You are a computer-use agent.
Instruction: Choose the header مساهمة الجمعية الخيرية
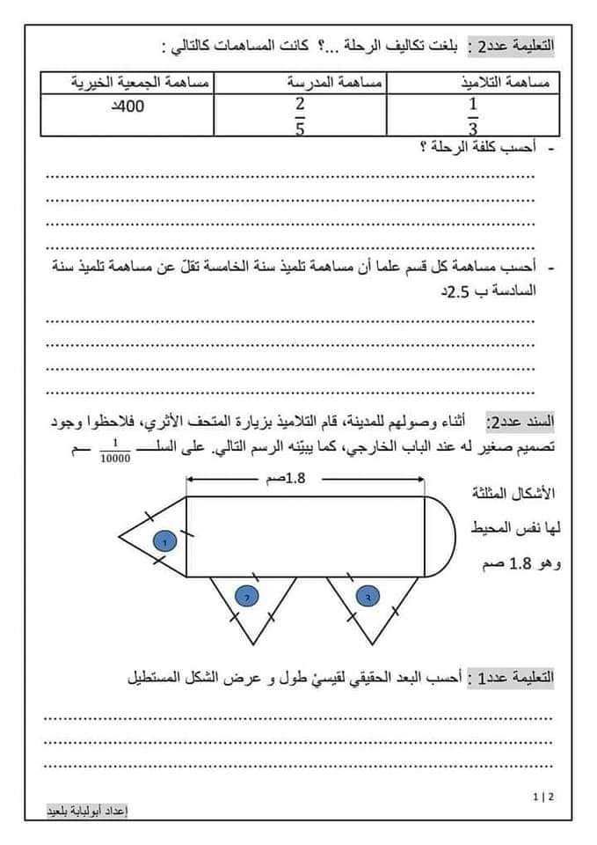coord(140,83)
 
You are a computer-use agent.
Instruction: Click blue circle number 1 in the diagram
coord(164,541)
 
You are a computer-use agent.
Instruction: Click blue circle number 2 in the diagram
coord(247,596)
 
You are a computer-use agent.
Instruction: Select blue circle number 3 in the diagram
coord(366,596)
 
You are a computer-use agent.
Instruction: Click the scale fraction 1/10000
coord(115,452)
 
